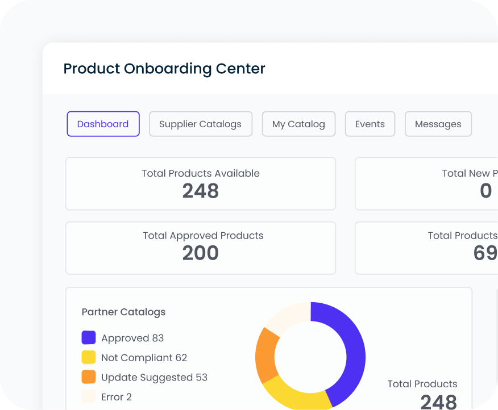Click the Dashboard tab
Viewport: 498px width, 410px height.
pyautogui.click(x=103, y=124)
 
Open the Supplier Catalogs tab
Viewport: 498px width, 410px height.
pyautogui.click(x=200, y=124)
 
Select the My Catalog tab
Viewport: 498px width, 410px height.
pyautogui.click(x=298, y=124)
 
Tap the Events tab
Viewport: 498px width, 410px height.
pyautogui.click(x=370, y=124)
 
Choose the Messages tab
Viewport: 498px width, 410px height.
pyautogui.click(x=438, y=124)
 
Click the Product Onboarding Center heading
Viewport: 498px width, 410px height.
pyautogui.click(x=164, y=69)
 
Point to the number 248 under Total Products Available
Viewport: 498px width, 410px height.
pyautogui.click(x=201, y=191)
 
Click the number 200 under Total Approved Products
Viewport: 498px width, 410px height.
pyautogui.click(x=201, y=253)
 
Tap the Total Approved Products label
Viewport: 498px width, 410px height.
pyautogui.click(x=203, y=235)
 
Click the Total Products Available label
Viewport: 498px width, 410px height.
pyautogui.click(x=201, y=173)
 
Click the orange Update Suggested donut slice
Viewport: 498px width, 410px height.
pyautogui.click(x=266, y=355)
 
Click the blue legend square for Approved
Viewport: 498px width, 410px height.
pyautogui.click(x=89, y=338)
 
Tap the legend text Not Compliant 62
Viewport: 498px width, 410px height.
pyautogui.click(x=144, y=358)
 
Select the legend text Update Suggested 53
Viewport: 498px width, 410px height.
pyautogui.click(x=154, y=377)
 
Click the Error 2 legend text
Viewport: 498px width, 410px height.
pyautogui.click(x=117, y=397)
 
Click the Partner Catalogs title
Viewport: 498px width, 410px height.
pyautogui.click(x=123, y=312)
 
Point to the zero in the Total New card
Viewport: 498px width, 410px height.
pyautogui.click(x=485, y=191)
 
